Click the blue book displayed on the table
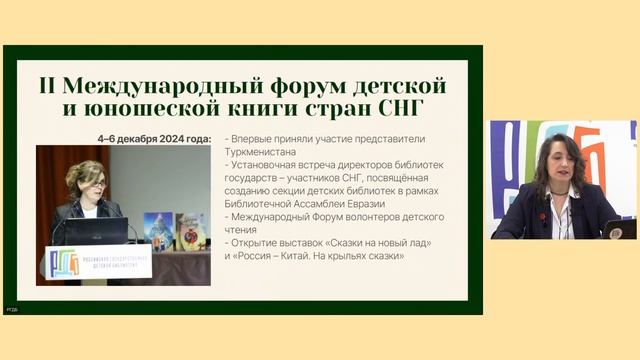[x=157, y=231]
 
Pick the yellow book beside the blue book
[x=190, y=231]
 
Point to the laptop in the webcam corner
[x=620, y=229]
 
